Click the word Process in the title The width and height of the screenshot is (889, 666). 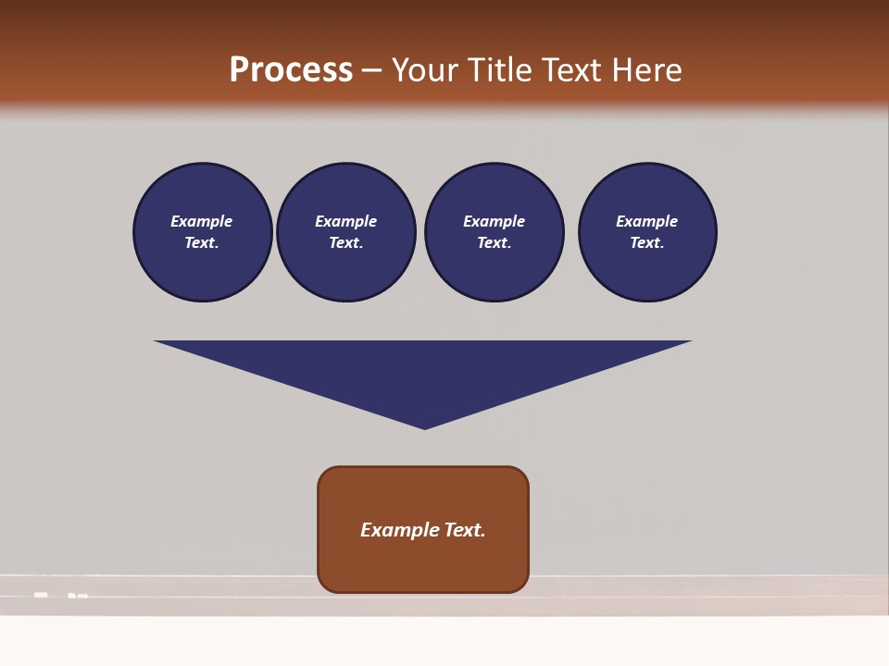(291, 70)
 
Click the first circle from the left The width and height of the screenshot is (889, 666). (202, 232)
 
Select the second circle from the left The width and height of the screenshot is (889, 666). (345, 232)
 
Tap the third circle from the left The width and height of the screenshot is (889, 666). (494, 232)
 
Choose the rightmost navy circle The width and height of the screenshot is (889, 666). (647, 232)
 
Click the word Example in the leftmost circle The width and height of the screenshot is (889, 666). (202, 221)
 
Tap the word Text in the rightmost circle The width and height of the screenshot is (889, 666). (646, 243)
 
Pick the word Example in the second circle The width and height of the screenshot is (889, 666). (345, 221)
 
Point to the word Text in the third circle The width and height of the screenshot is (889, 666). (494, 243)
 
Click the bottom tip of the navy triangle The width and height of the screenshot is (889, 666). (424, 426)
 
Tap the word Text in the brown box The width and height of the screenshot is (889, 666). (465, 530)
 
